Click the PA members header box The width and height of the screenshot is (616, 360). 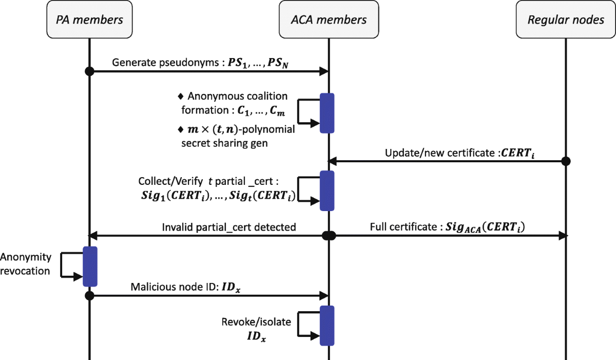point(89,20)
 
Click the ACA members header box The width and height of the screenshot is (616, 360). point(329,20)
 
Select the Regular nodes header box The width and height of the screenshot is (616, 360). point(566,20)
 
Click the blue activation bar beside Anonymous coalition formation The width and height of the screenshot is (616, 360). point(327,113)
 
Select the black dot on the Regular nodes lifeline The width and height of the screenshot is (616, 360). point(566,161)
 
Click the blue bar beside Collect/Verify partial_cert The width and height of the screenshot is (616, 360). point(327,191)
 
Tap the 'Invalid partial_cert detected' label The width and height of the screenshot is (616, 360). point(228,227)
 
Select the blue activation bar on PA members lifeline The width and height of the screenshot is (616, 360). point(90,266)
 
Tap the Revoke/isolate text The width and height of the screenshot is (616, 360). point(256,322)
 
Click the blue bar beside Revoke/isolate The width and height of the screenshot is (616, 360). point(327,326)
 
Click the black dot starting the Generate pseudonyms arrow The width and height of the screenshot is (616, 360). point(89,71)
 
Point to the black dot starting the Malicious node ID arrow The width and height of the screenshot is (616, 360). point(89,296)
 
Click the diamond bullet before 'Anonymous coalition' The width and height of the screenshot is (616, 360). point(180,96)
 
